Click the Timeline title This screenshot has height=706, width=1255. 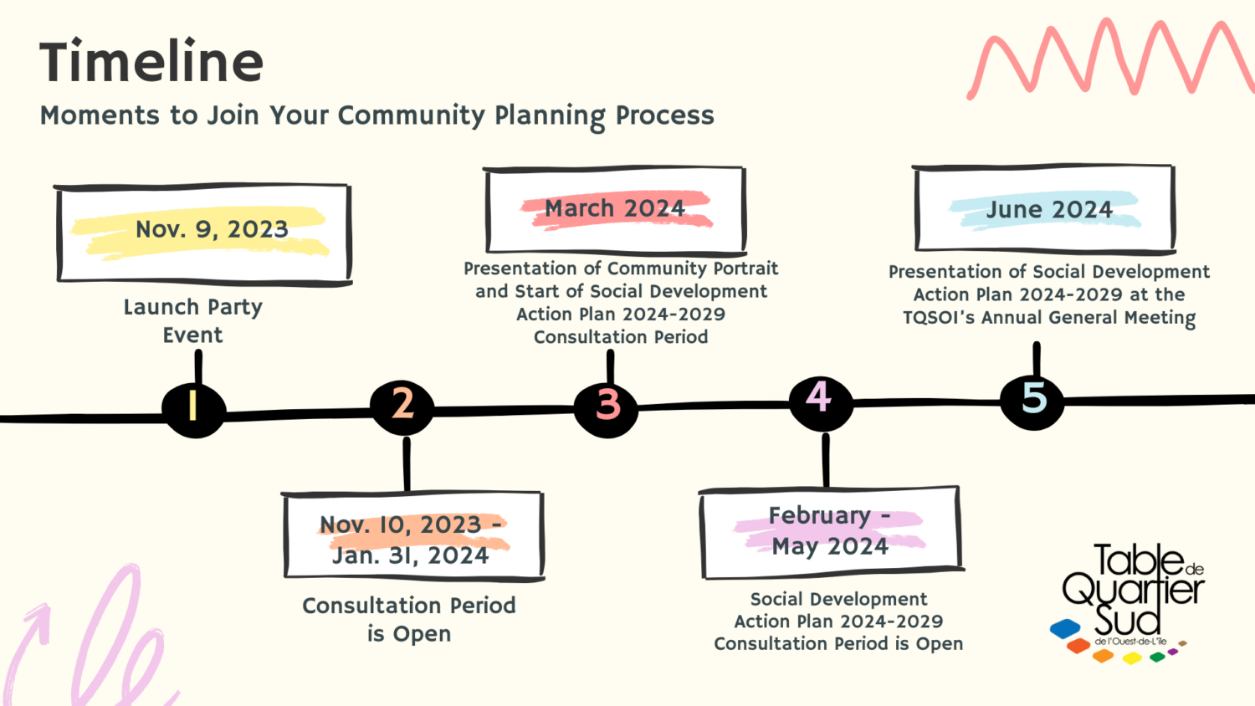(x=151, y=63)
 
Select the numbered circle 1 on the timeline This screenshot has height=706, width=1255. (x=193, y=407)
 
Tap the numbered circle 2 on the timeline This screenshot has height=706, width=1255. (x=402, y=405)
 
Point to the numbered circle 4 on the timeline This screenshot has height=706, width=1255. (x=819, y=398)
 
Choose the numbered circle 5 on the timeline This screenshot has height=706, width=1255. (x=1034, y=399)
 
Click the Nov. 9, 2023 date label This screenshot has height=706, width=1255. (x=212, y=229)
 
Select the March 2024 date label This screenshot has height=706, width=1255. (x=615, y=208)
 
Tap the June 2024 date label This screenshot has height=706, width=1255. (x=1049, y=209)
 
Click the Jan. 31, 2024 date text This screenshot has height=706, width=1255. (x=410, y=555)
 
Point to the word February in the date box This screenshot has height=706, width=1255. (x=820, y=515)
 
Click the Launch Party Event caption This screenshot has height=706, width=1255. (x=193, y=321)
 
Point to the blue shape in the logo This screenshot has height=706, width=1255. (x=1065, y=628)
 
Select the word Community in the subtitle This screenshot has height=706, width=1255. (x=411, y=115)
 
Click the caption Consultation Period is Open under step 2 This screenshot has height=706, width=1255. (x=409, y=619)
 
